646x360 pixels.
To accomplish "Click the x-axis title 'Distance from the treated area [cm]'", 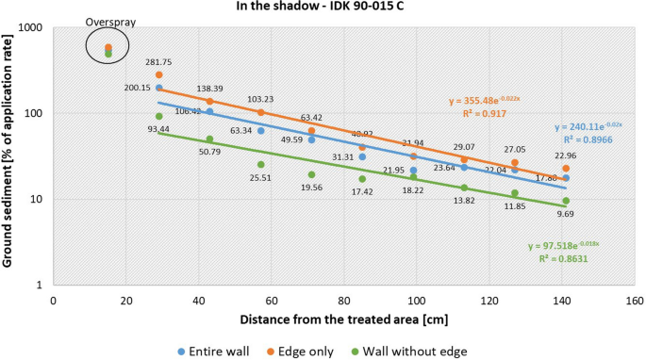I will [x=345, y=321].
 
